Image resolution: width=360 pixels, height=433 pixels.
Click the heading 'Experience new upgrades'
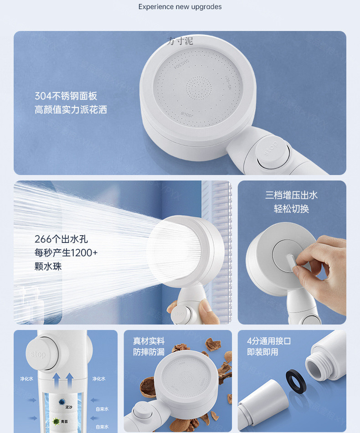point(180,7)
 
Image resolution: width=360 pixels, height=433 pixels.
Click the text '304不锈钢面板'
point(66,96)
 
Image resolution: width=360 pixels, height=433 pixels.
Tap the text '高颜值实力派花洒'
point(71,110)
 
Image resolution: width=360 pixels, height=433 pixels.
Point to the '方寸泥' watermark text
point(180,41)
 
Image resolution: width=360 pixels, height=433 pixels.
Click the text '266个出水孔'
point(61,239)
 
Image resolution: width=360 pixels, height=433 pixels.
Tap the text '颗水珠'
point(48,266)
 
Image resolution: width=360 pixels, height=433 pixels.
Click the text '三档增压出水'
point(292,195)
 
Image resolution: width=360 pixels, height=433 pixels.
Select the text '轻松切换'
point(292,209)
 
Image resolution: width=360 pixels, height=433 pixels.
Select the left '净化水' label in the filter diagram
point(26,379)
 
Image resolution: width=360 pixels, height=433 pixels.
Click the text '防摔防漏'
point(149,352)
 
